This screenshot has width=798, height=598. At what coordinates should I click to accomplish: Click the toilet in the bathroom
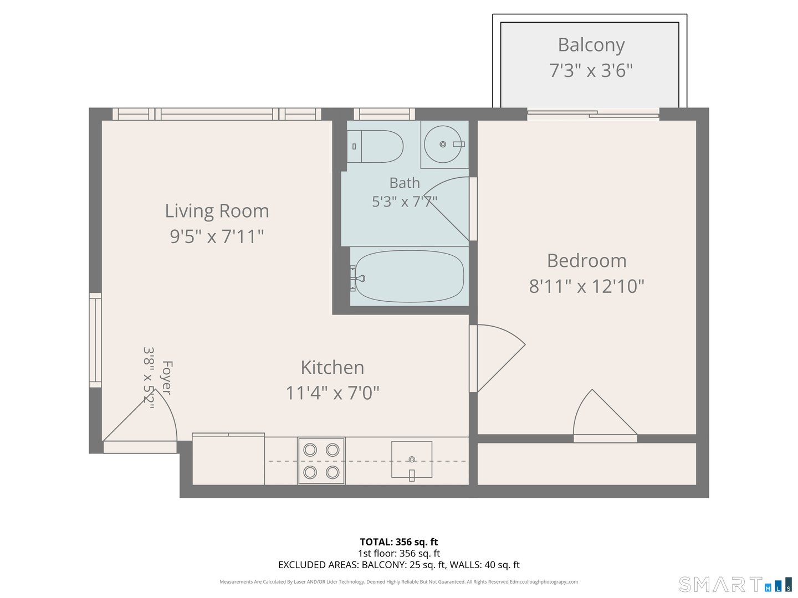(375, 146)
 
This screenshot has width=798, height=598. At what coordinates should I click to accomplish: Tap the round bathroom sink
(442, 144)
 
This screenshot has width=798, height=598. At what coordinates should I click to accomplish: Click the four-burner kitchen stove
(321, 461)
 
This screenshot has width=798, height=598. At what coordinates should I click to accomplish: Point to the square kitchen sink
(412, 460)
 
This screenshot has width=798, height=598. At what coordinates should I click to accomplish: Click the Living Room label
(217, 211)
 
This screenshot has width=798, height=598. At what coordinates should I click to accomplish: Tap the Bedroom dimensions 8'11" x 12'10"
(586, 286)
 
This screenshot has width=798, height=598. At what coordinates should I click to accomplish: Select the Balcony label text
(591, 45)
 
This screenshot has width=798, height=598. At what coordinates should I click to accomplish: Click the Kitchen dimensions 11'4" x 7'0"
(332, 393)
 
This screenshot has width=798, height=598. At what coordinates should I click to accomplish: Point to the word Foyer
(166, 378)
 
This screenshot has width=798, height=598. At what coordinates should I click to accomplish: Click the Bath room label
(405, 183)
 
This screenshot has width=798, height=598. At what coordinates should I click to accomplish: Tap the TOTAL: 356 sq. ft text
(399, 542)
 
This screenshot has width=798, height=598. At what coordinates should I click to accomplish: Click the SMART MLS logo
(735, 585)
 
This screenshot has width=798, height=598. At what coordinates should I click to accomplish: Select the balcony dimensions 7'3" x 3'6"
(591, 70)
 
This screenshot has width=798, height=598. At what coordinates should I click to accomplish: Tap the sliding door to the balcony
(593, 114)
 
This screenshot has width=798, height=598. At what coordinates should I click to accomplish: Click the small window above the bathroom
(384, 114)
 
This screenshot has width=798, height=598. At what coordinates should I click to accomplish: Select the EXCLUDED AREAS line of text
(399, 565)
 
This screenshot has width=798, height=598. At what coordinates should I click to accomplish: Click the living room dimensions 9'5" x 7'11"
(217, 236)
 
